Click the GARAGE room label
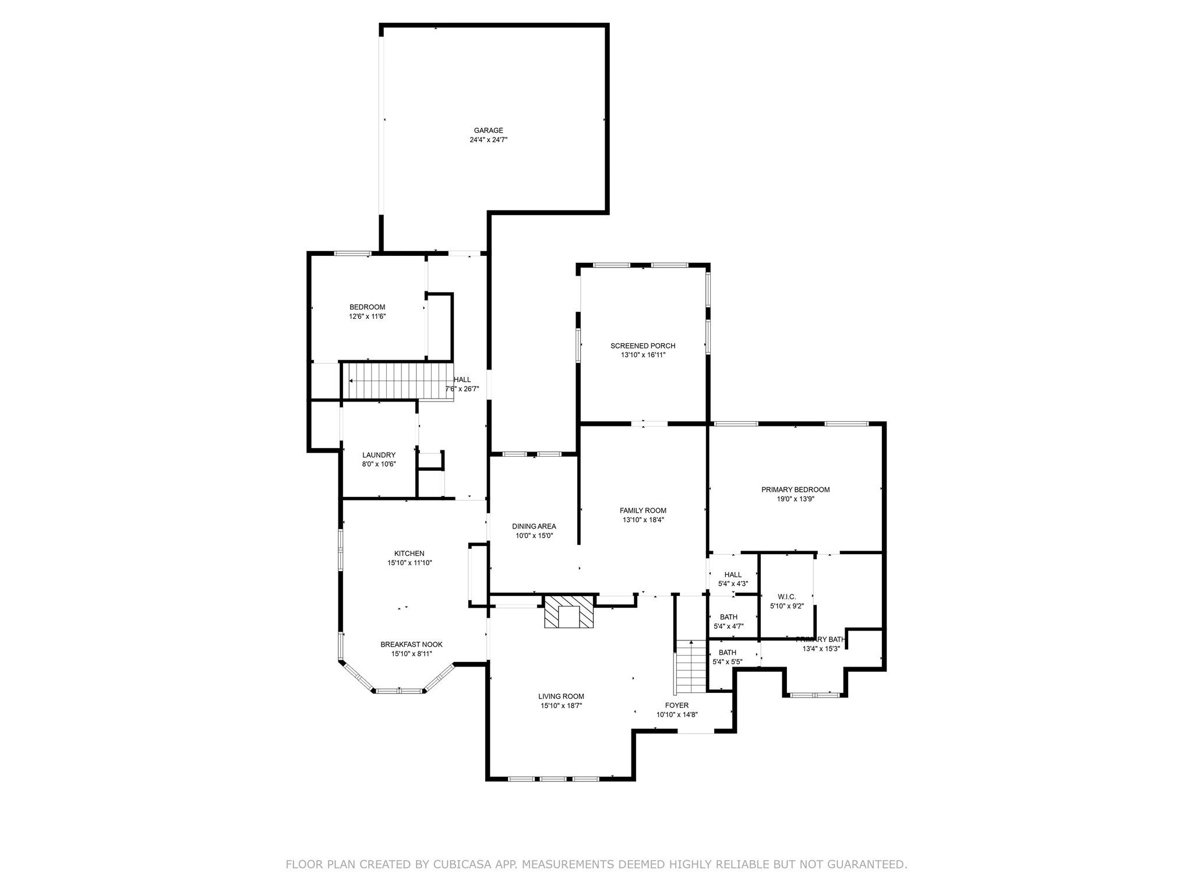(x=488, y=131)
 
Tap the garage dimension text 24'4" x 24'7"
(x=488, y=140)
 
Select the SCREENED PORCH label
(x=643, y=346)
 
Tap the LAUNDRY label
(x=379, y=455)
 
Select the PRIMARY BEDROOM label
(x=795, y=489)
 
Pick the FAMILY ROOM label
(x=643, y=510)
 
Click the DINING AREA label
(x=534, y=526)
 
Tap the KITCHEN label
(x=409, y=554)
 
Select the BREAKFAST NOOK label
(x=411, y=644)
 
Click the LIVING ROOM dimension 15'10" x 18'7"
(x=561, y=706)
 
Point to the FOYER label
(x=677, y=705)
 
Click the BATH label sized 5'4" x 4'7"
(x=728, y=617)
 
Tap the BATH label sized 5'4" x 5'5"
(x=727, y=653)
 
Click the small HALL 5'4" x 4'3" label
(x=733, y=575)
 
